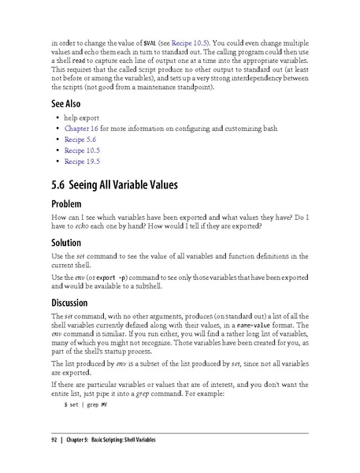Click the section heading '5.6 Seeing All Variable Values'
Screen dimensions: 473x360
[114, 186]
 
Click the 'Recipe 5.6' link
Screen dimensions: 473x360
[80, 139]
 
